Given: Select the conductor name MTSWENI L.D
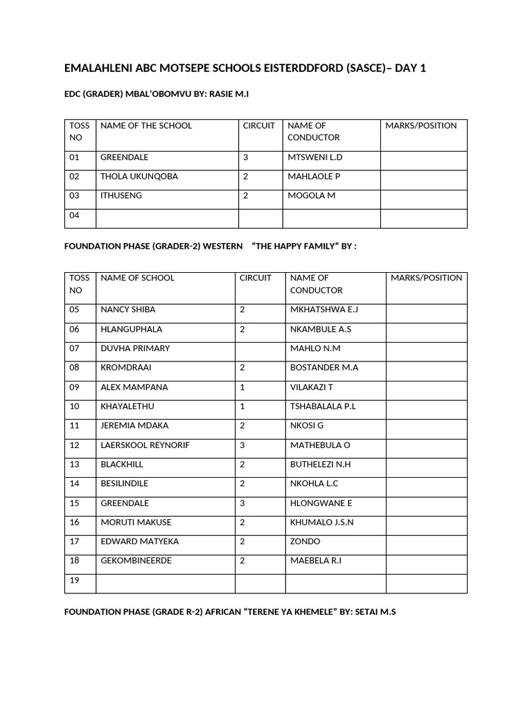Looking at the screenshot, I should coord(315,157).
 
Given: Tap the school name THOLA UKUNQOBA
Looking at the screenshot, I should coord(139,177).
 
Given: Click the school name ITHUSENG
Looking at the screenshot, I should coord(121,196).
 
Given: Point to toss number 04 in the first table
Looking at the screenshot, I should coord(75,215).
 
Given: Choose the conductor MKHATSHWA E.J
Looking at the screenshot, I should coord(324,309).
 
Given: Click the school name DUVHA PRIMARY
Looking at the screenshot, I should coord(135,348).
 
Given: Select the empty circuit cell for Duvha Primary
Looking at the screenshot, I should coord(260,348).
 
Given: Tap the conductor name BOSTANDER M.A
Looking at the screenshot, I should coord(324,368).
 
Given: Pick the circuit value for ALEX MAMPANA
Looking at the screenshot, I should coord(242,387).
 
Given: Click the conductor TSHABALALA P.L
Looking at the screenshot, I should coord(323,406).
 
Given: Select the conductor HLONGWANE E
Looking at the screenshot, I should coord(321,503).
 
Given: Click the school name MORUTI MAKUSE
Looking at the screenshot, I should coord(136,522).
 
